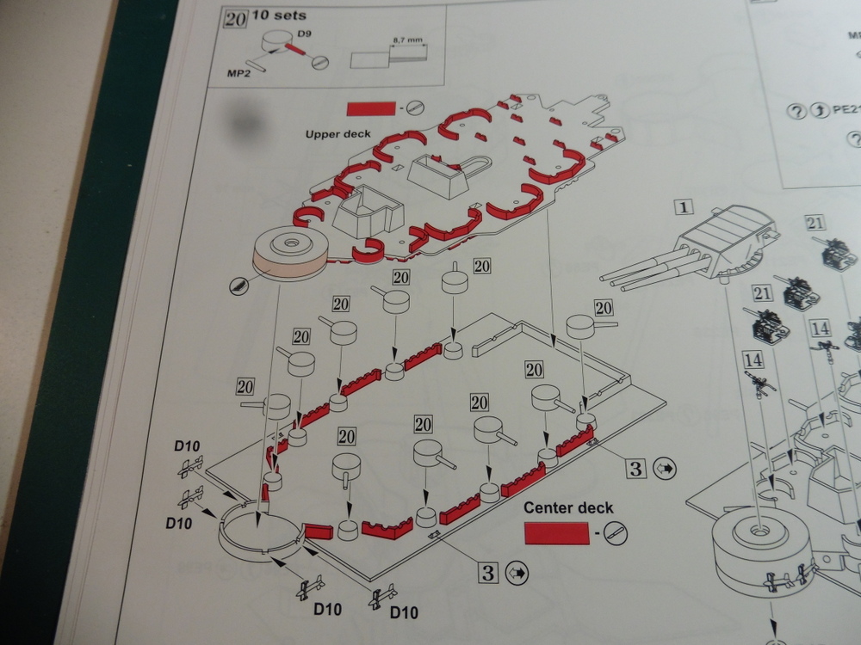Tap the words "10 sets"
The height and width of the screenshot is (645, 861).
click(275, 15)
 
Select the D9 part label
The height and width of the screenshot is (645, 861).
click(303, 35)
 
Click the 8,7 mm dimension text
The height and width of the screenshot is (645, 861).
click(404, 40)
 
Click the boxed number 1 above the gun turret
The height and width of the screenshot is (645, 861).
click(684, 207)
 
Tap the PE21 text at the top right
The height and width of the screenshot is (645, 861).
click(846, 111)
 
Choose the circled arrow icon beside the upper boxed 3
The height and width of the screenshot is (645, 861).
click(665, 469)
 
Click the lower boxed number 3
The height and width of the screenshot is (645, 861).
click(488, 572)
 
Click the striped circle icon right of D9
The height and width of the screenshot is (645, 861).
click(319, 63)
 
